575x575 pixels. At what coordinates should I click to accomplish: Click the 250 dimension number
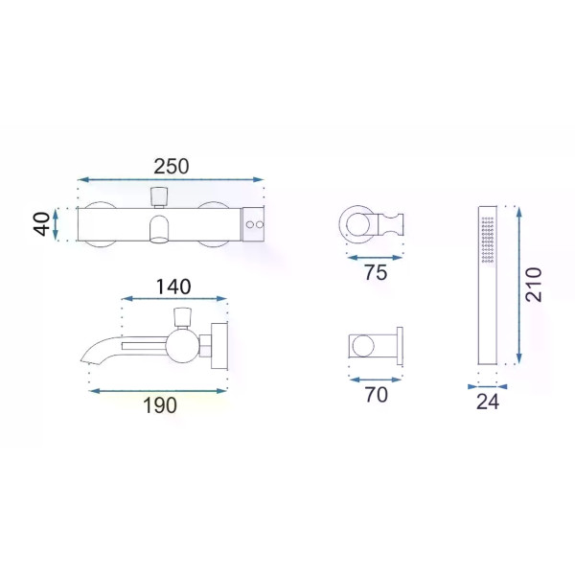[x=172, y=167]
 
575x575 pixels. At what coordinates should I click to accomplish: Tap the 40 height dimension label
[x=42, y=224]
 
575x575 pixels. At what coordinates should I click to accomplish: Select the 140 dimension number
[x=173, y=287]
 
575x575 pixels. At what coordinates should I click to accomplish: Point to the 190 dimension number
[x=160, y=405]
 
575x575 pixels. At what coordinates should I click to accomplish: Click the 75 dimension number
[x=376, y=273]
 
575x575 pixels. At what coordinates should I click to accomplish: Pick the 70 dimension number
[x=377, y=395]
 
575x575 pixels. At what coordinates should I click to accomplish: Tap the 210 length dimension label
[x=534, y=285]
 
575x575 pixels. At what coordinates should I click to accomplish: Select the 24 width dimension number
[x=488, y=402]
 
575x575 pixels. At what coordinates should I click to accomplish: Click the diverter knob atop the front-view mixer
[x=159, y=196]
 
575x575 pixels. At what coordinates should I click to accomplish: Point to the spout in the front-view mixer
[x=159, y=229]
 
